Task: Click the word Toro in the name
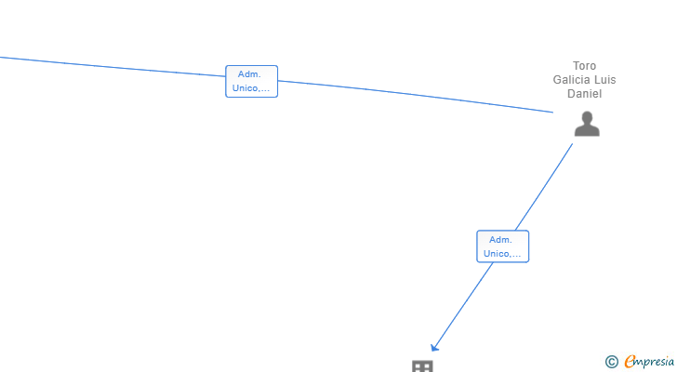click(x=584, y=66)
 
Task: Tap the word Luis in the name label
click(x=605, y=80)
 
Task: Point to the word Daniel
click(x=584, y=94)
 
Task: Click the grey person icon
click(x=586, y=124)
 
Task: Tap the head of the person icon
click(x=586, y=117)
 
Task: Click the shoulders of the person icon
click(x=586, y=130)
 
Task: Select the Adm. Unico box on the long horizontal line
click(x=251, y=82)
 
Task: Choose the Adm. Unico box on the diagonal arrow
click(x=502, y=246)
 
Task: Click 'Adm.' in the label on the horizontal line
click(x=249, y=74)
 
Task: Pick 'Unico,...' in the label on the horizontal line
click(x=251, y=88)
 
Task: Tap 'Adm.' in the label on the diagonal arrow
click(x=502, y=240)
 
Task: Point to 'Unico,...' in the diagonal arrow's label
click(x=502, y=253)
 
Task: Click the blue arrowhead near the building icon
click(x=434, y=347)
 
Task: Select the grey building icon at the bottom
click(x=422, y=366)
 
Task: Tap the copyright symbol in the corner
click(x=611, y=362)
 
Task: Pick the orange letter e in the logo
click(x=630, y=362)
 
